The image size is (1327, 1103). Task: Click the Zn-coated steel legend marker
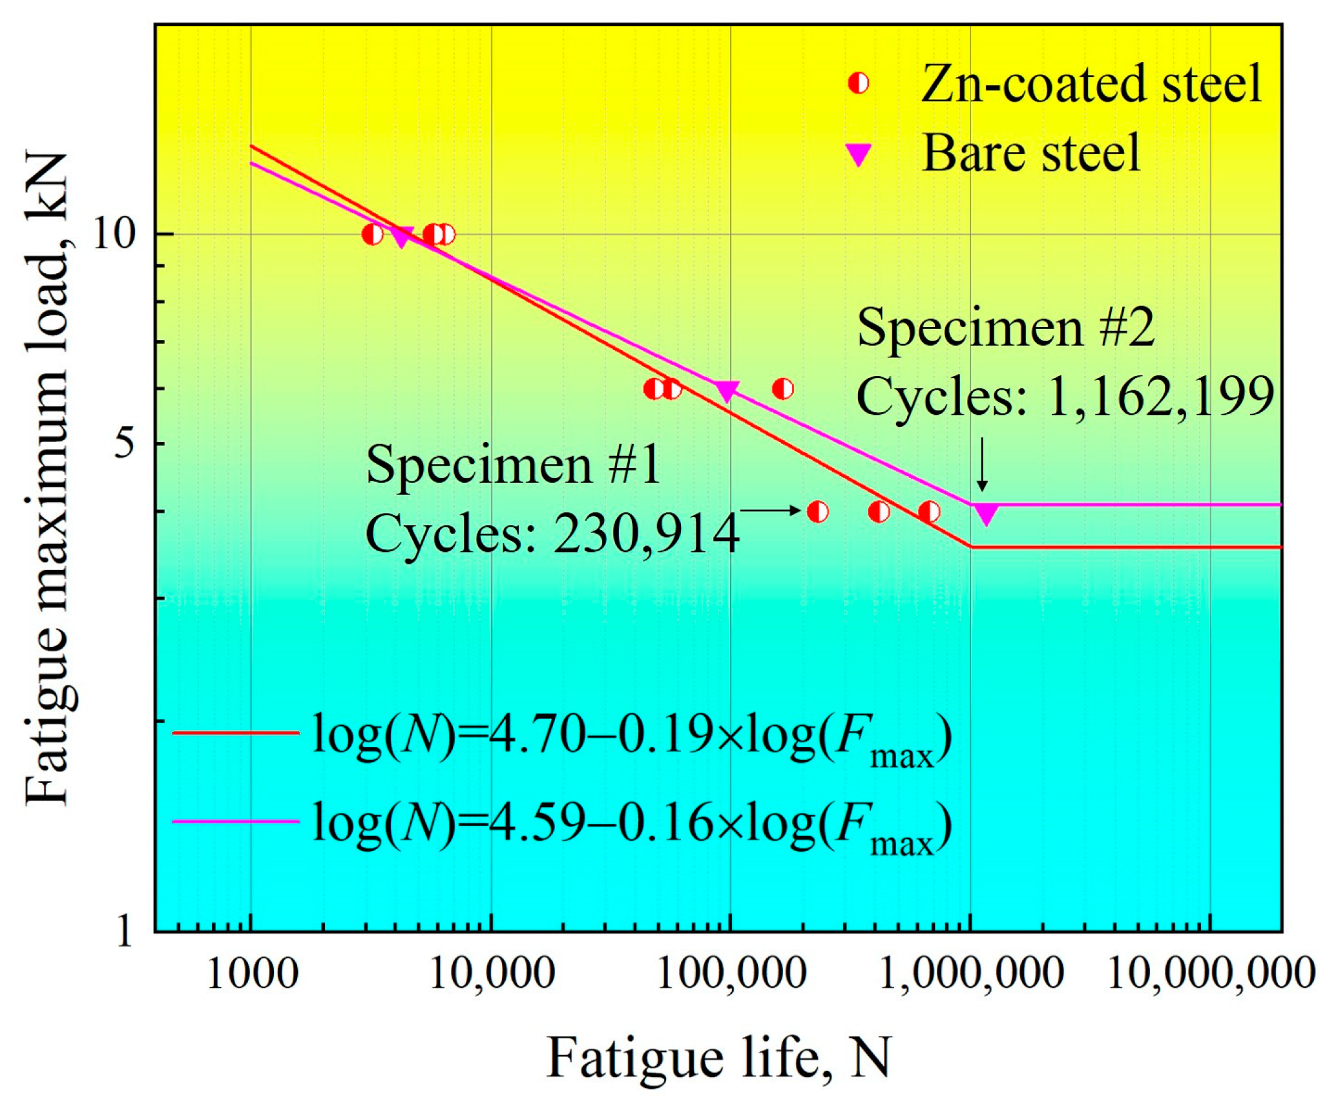coord(859,83)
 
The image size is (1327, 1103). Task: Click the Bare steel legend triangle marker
coord(859,154)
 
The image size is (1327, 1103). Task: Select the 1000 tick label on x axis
coord(251,974)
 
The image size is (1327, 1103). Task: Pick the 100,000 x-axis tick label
coord(731,974)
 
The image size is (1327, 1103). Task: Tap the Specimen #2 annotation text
coord(1005,328)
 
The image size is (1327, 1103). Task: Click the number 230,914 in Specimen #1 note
coord(646,534)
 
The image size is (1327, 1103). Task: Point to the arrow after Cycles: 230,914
coord(771,510)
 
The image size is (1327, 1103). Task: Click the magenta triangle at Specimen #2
coord(986,514)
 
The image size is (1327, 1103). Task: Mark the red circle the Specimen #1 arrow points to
coord(818,512)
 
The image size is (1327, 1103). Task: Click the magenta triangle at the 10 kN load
coord(402,236)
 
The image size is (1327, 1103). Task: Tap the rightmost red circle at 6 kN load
coord(782,389)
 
